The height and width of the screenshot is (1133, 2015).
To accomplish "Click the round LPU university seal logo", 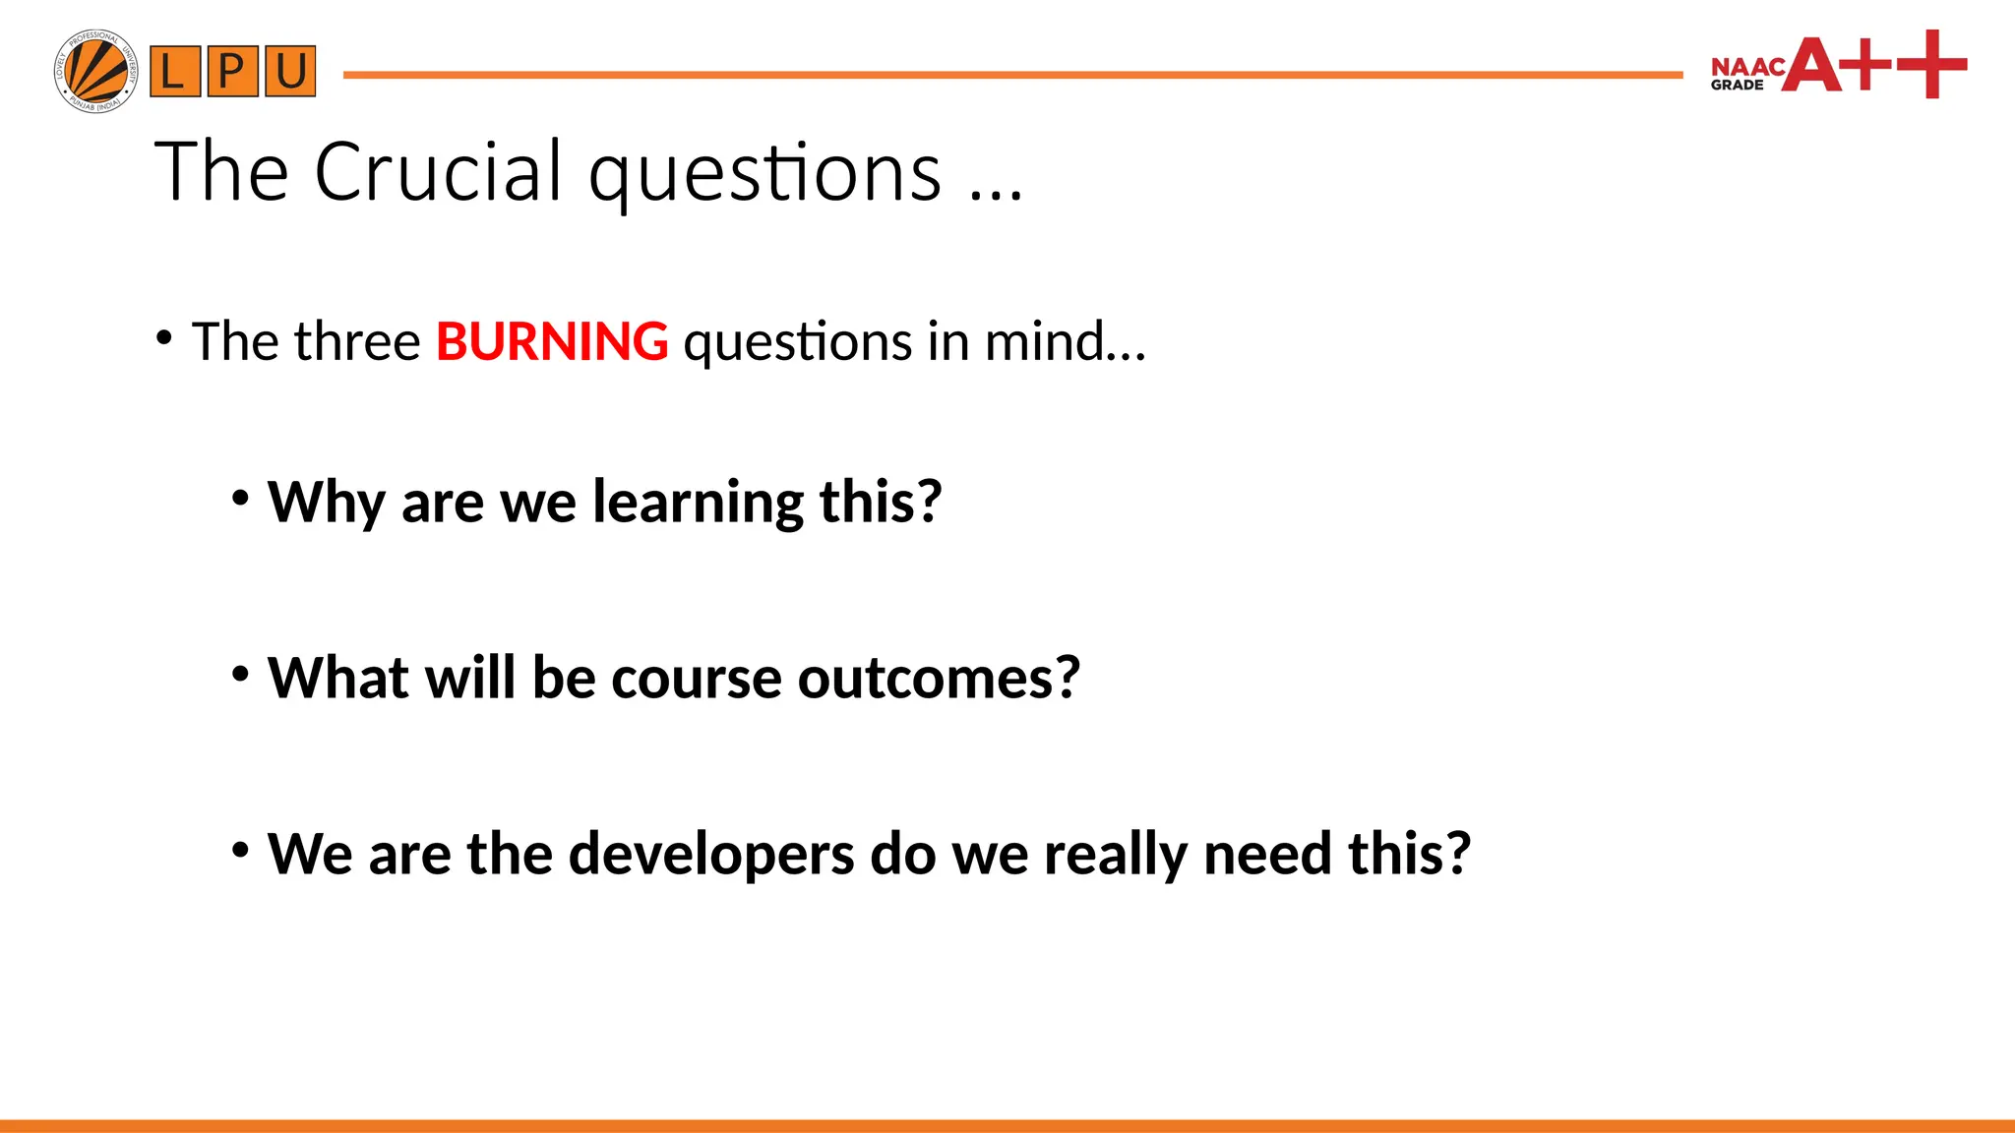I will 95,71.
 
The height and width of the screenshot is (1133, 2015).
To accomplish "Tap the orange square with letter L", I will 175,72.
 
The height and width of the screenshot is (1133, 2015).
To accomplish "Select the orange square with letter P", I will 232,72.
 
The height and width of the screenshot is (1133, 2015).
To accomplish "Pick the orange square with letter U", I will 290,72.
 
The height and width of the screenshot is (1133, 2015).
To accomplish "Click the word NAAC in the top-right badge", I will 1747,67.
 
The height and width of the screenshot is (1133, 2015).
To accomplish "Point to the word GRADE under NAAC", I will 1737,86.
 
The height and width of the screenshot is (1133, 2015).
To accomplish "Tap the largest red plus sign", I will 1931,64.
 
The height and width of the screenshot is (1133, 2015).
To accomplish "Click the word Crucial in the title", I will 439,172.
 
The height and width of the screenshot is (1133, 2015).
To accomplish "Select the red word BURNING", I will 552,342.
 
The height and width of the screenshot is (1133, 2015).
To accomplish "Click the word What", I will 337,678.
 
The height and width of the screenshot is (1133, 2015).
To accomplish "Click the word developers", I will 711,854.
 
